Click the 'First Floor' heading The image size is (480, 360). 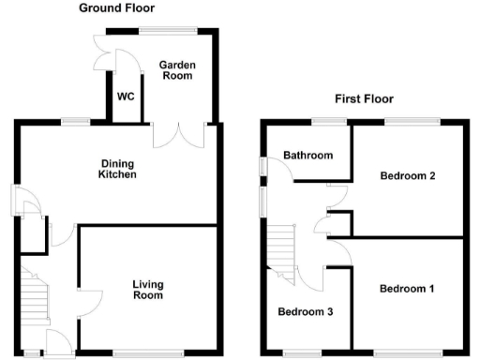click(x=364, y=98)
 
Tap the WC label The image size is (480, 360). click(x=126, y=97)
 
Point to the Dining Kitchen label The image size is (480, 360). click(x=119, y=169)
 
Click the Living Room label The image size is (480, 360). click(x=149, y=290)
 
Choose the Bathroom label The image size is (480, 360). click(x=309, y=156)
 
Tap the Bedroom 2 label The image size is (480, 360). click(x=407, y=175)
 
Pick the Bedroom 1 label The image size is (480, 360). click(x=407, y=289)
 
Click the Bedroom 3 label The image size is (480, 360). click(x=302, y=311)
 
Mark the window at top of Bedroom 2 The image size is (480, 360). click(x=412, y=120)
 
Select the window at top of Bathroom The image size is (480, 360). click(x=328, y=120)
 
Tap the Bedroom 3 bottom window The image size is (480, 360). click(x=302, y=352)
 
